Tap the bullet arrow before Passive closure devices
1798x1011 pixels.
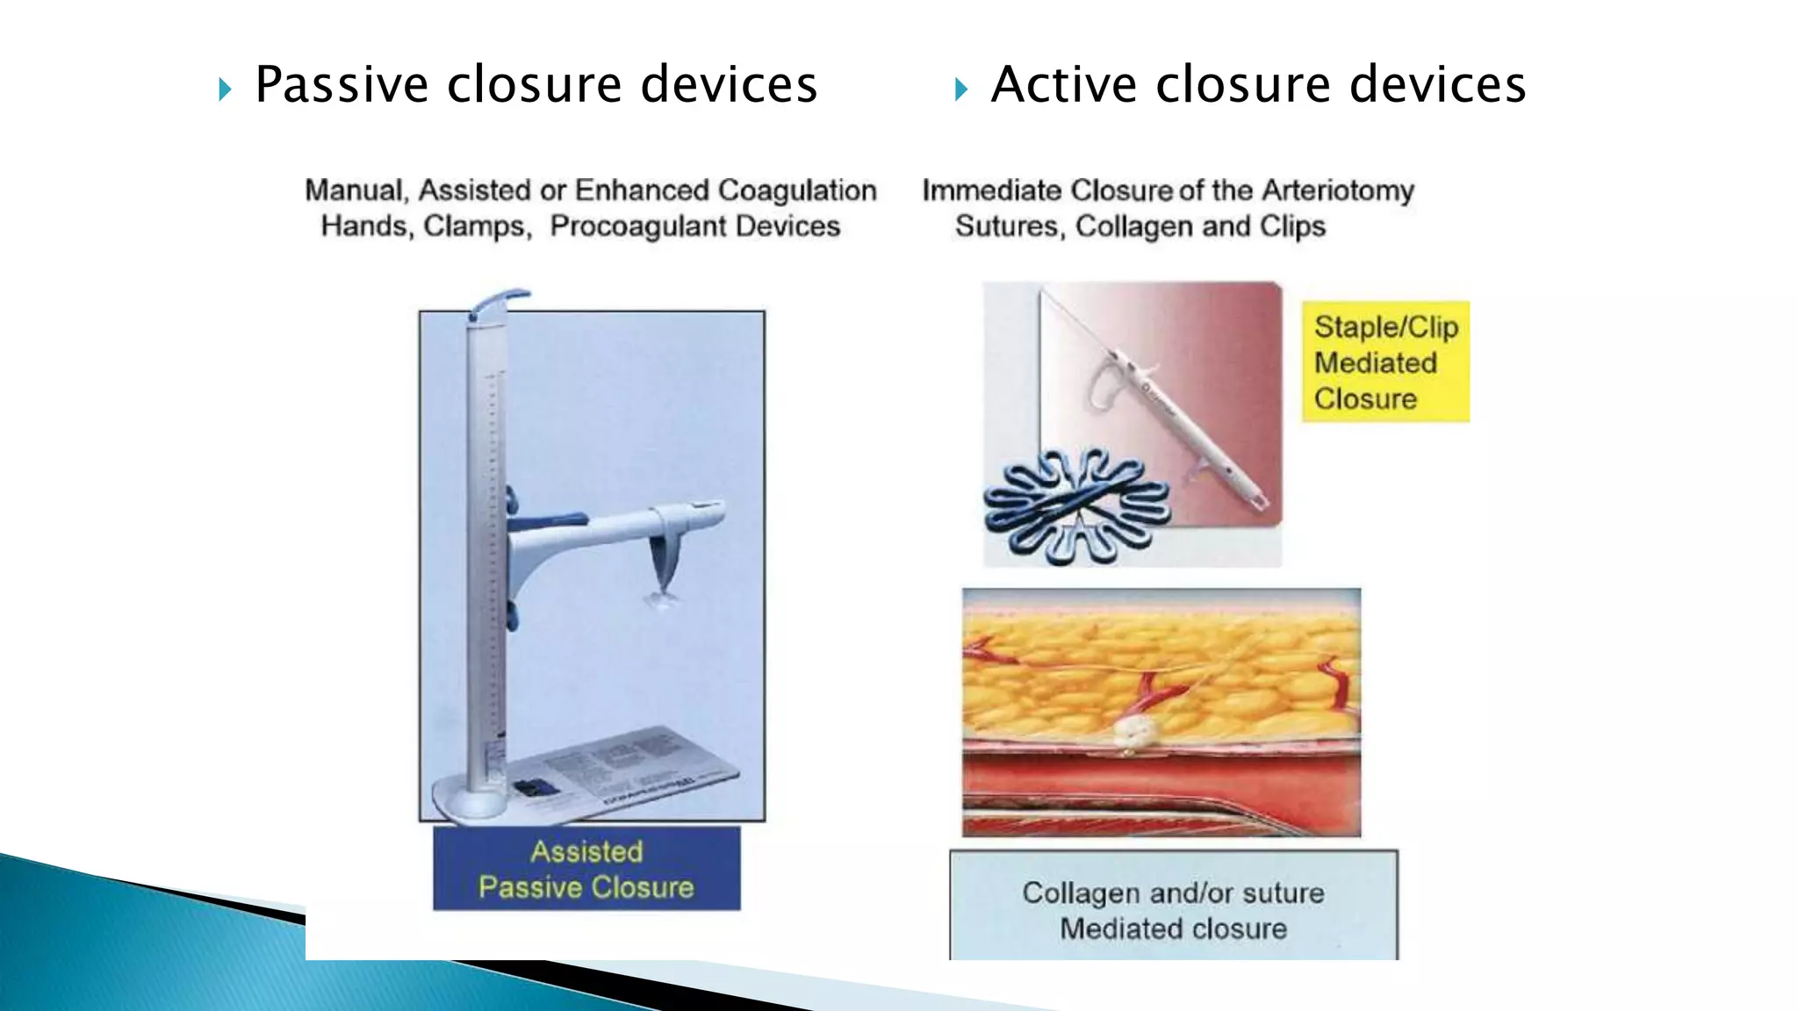point(225,89)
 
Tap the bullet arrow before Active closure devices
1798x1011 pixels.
point(960,89)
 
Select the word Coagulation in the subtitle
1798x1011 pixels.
point(797,190)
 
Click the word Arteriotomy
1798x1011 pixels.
point(1338,190)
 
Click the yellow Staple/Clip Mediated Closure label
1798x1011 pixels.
point(1384,362)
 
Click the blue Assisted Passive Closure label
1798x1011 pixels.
point(586,869)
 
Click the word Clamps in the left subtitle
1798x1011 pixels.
point(476,226)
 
